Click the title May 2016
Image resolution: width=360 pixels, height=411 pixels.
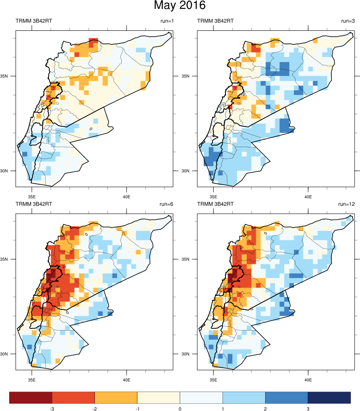180,6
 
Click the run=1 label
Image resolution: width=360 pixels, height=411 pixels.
165,21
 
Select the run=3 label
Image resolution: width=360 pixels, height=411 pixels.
347,21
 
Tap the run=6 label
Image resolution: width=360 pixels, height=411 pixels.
165,204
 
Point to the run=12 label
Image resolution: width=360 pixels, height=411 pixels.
346,204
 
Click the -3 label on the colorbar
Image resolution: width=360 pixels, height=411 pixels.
51,408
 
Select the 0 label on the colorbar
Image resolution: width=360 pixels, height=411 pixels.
180,408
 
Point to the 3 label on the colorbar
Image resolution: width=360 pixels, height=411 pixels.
308,408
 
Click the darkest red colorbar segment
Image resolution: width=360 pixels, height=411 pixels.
31,397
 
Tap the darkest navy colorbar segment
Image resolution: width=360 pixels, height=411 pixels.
329,397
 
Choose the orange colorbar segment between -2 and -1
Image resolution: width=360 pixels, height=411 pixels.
116,397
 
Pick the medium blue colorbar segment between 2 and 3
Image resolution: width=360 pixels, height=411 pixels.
287,397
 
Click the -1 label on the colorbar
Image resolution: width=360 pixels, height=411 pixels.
137,408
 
